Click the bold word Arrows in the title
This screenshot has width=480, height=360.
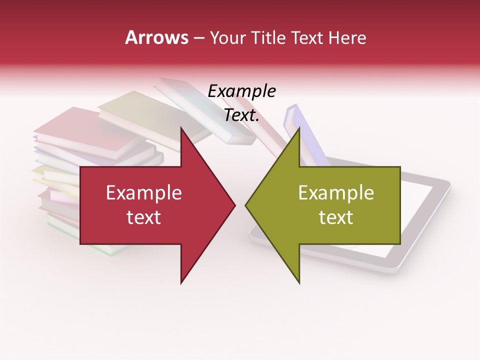pyautogui.click(x=157, y=37)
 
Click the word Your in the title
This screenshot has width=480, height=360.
pyautogui.click(x=227, y=37)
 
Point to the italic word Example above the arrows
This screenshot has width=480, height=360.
pyautogui.click(x=241, y=91)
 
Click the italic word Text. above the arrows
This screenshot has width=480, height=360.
pyautogui.click(x=241, y=115)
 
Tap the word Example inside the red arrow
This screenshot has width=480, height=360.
pyautogui.click(x=144, y=193)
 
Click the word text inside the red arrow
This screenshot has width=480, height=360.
pyautogui.click(x=144, y=217)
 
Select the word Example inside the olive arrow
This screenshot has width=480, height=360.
pyautogui.click(x=336, y=193)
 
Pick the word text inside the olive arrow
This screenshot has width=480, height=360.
pyautogui.click(x=336, y=217)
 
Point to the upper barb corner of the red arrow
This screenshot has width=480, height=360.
pyautogui.click(x=181, y=128)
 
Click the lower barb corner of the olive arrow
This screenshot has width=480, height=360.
pyautogui.click(x=299, y=282)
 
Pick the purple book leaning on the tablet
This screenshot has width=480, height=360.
pyautogui.click(x=305, y=135)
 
